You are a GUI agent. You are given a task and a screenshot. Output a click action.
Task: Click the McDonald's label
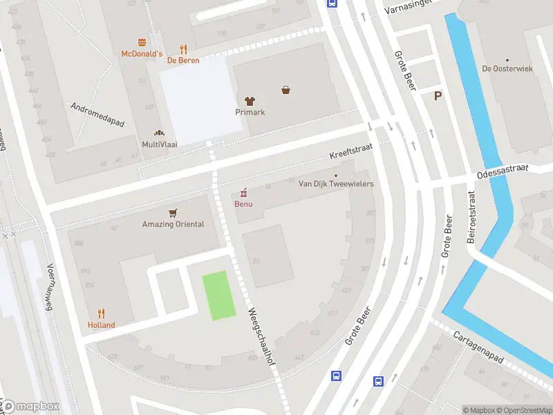(x=142, y=54)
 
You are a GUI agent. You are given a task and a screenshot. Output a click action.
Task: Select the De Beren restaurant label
(x=183, y=60)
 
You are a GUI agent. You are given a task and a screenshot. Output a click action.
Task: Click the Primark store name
(x=250, y=112)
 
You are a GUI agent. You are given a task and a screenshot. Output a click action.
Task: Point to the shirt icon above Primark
(x=250, y=100)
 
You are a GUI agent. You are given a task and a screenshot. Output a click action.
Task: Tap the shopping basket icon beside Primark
(x=285, y=90)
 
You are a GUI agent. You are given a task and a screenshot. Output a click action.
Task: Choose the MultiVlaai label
(x=159, y=144)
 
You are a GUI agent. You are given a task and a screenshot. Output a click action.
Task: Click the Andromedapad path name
(x=97, y=115)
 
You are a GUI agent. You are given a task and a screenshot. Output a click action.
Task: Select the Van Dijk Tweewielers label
(x=336, y=183)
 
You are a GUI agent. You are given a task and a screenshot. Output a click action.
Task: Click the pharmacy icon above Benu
(x=243, y=192)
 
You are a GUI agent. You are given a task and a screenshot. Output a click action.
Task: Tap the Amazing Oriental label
(x=173, y=224)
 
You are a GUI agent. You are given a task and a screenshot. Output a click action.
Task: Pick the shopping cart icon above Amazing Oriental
(x=173, y=212)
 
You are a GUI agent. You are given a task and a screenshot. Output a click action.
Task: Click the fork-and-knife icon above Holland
(x=101, y=313)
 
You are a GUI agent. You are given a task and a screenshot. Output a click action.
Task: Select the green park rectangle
(x=218, y=296)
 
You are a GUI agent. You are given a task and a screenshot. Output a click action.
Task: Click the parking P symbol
(x=438, y=96)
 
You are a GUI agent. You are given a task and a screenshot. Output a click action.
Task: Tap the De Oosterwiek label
(x=507, y=68)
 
